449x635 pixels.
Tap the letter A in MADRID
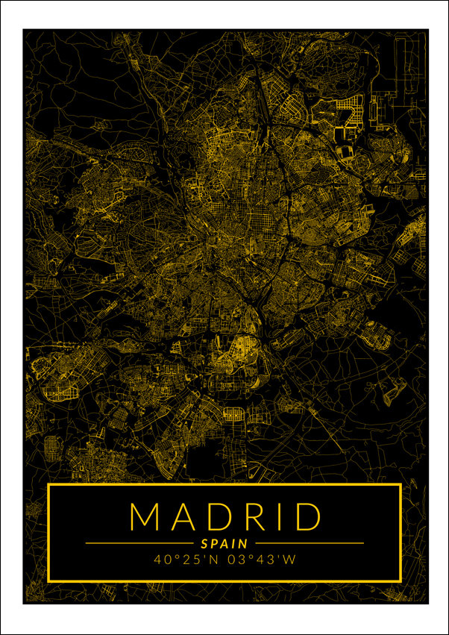tap(183, 516)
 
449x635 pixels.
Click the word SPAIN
tap(224, 544)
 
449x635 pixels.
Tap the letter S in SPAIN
tap(204, 544)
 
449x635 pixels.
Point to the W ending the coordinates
tap(291, 559)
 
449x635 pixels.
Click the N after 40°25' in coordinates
tap(211, 559)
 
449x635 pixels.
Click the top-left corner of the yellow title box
tap(48, 485)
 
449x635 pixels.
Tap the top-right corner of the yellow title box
tap(401, 485)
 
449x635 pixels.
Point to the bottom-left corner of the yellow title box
tap(48, 581)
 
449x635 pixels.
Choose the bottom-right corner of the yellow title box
tap(401, 581)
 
